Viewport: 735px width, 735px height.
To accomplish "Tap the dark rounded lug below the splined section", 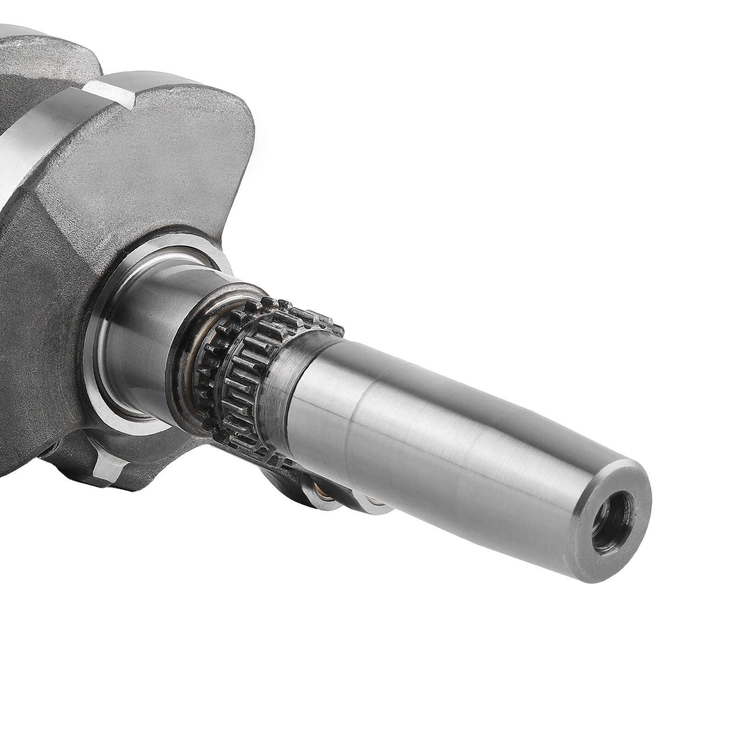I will (280, 478).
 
